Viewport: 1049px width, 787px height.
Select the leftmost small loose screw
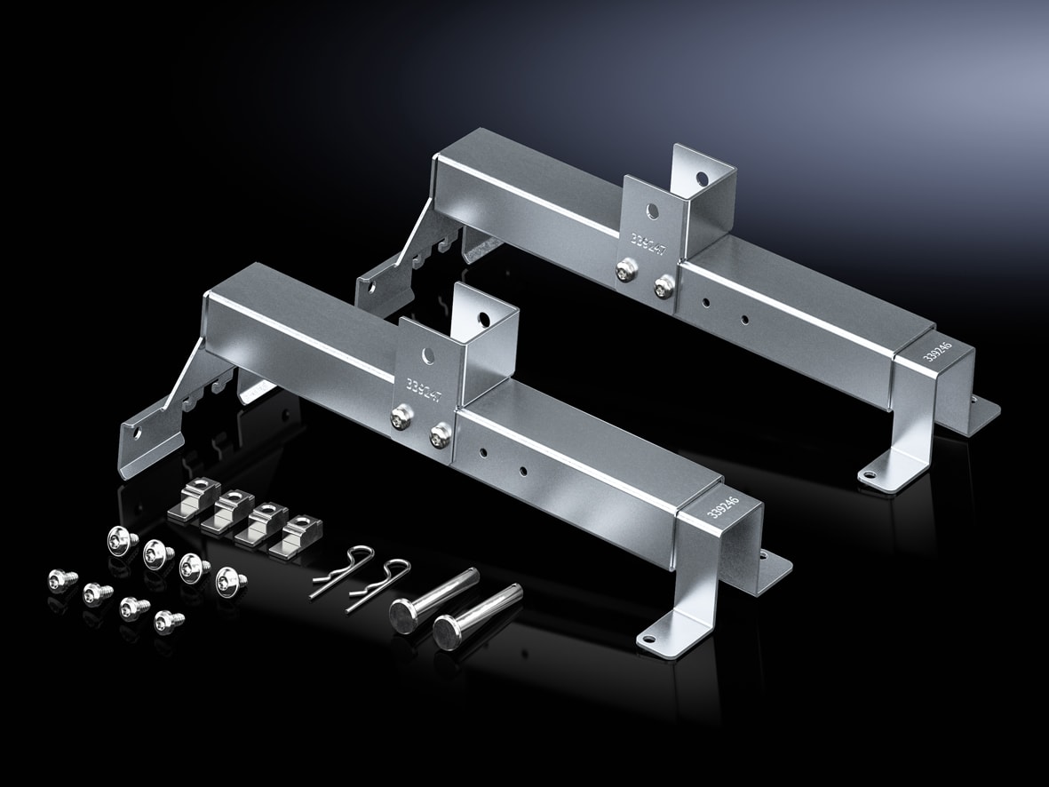tap(62, 580)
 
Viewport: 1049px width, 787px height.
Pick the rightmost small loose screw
tap(166, 619)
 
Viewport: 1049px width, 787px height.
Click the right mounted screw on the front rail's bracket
tap(437, 435)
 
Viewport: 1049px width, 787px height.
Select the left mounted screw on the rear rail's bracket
tap(625, 267)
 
